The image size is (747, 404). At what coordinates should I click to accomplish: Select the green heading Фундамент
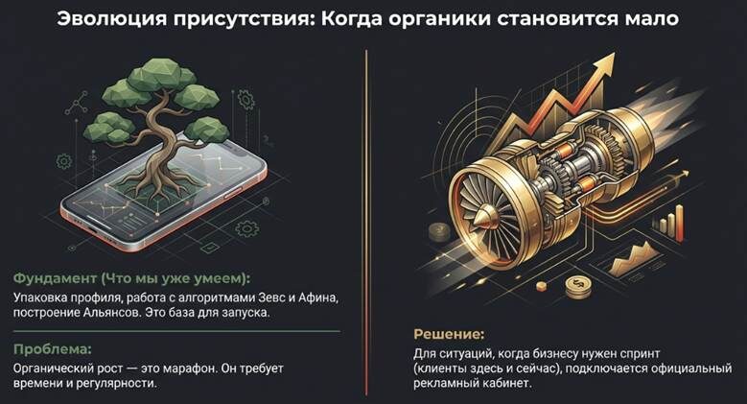pos(55,278)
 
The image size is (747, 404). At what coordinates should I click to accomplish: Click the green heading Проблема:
pos(52,349)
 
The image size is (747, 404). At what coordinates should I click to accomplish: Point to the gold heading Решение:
pos(449,334)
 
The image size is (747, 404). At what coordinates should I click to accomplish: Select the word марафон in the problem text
pos(189,368)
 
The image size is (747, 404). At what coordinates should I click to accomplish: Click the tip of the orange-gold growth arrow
pos(613,54)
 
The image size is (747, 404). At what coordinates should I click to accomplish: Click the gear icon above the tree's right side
pos(245,100)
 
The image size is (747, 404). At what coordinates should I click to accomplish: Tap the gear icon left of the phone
pos(64,161)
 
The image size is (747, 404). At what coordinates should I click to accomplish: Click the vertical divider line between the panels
pos(366,223)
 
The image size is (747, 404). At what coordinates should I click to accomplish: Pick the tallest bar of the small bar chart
pos(679,223)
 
